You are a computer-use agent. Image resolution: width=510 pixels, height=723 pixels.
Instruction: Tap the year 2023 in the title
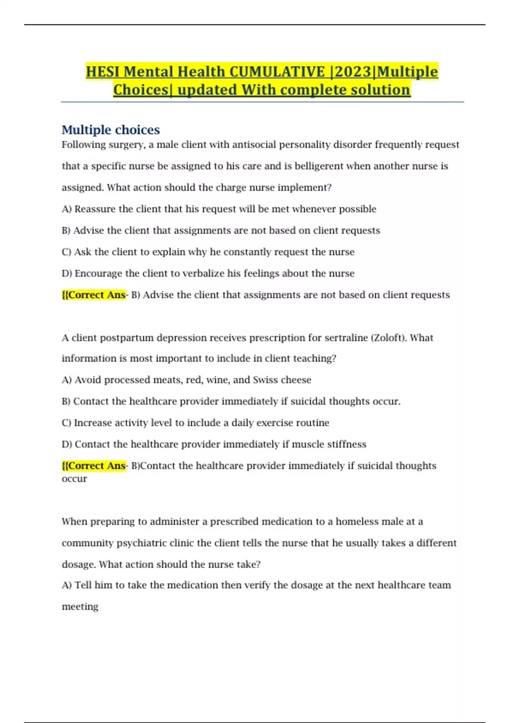pyautogui.click(x=353, y=71)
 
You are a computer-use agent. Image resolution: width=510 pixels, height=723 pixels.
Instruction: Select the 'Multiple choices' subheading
pyautogui.click(x=110, y=130)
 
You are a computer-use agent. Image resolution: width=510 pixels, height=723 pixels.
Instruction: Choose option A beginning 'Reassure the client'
pyautogui.click(x=219, y=209)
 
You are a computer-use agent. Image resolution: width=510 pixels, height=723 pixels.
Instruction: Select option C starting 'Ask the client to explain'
pyautogui.click(x=208, y=252)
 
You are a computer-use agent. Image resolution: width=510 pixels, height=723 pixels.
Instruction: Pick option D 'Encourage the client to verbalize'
pyautogui.click(x=208, y=273)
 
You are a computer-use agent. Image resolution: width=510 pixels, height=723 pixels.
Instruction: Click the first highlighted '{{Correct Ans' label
pyautogui.click(x=94, y=295)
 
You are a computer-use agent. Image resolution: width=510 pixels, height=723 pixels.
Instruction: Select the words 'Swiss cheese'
pyautogui.click(x=282, y=380)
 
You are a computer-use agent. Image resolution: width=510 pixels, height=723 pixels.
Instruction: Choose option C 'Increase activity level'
pyautogui.click(x=195, y=423)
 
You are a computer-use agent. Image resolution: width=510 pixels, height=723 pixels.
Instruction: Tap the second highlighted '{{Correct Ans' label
pyautogui.click(x=94, y=466)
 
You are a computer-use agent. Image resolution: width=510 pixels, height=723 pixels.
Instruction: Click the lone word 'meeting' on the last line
pyautogui.click(x=80, y=606)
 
